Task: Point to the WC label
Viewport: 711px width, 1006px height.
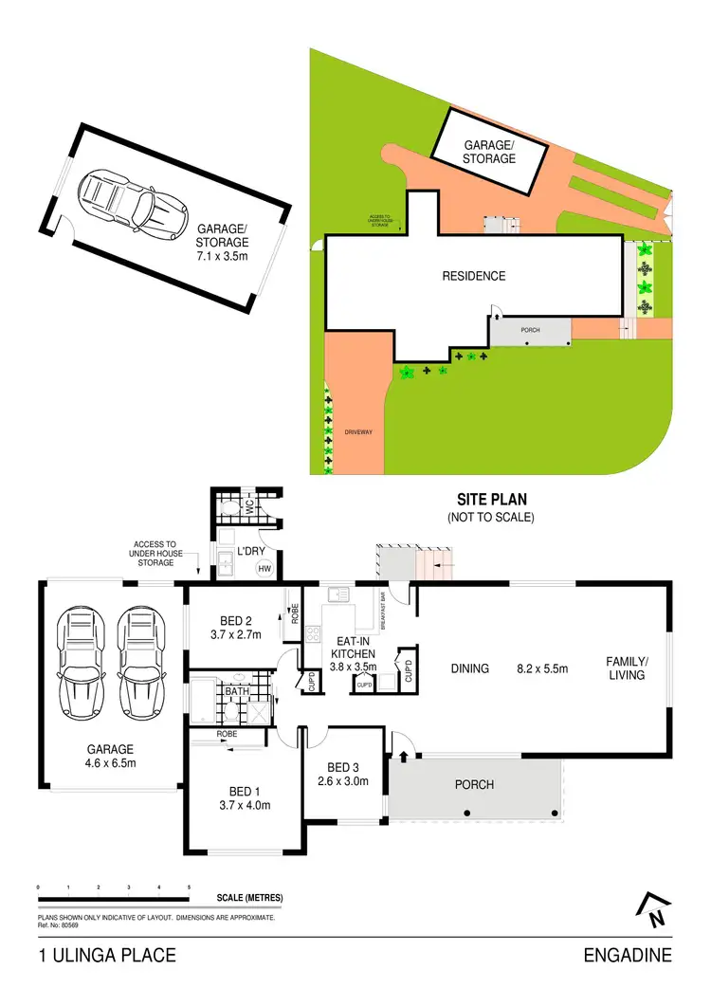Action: coord(249,508)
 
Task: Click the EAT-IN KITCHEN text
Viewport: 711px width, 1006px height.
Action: coord(353,647)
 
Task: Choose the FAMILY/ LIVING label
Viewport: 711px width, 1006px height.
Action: coord(627,668)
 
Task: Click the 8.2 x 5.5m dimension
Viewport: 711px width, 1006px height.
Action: coord(541,668)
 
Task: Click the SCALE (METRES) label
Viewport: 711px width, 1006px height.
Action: coord(249,897)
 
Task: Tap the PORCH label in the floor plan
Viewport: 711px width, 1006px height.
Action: coord(475,784)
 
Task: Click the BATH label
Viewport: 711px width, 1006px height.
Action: coord(236,691)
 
